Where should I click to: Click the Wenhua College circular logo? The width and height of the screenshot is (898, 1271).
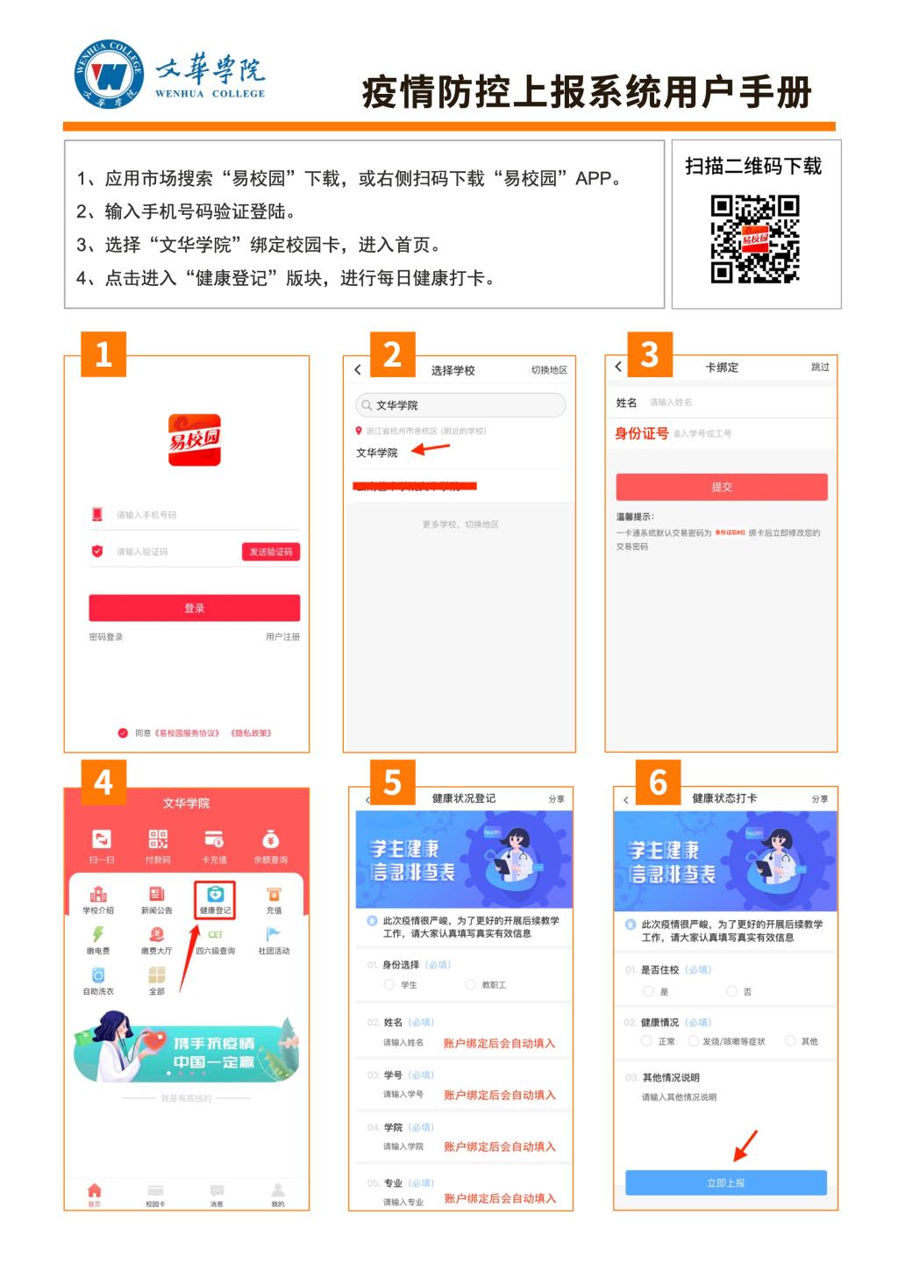pyautogui.click(x=109, y=75)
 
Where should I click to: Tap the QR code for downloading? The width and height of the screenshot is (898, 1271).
pyautogui.click(x=754, y=239)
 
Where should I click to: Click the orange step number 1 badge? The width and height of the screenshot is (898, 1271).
pyautogui.click(x=103, y=353)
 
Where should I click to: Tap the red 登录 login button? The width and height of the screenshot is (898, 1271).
pyautogui.click(x=194, y=608)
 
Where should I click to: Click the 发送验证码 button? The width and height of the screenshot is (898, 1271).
pyautogui.click(x=271, y=552)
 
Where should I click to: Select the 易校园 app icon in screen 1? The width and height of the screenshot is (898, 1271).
pyautogui.click(x=195, y=439)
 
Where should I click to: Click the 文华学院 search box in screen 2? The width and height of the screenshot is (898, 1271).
pyautogui.click(x=460, y=405)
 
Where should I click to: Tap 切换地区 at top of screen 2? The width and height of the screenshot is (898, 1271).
pyautogui.click(x=549, y=370)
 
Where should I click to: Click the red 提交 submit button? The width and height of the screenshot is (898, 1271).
pyautogui.click(x=721, y=487)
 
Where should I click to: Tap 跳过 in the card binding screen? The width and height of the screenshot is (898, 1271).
pyautogui.click(x=820, y=367)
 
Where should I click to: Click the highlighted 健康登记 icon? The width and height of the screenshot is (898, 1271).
pyautogui.click(x=215, y=899)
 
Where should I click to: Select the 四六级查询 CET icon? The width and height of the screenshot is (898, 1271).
pyautogui.click(x=215, y=939)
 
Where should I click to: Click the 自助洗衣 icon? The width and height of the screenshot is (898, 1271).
pyautogui.click(x=98, y=979)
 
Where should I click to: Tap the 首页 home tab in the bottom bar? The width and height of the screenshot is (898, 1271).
pyautogui.click(x=94, y=1194)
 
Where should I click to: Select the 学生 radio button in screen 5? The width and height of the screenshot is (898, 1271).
pyautogui.click(x=390, y=985)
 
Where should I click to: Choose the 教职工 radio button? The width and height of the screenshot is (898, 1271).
pyautogui.click(x=471, y=985)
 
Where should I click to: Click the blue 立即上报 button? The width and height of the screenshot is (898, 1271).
pyautogui.click(x=725, y=1182)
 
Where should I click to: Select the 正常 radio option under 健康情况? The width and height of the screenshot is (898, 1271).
pyautogui.click(x=647, y=1041)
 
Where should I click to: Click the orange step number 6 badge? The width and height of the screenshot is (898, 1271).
pyautogui.click(x=658, y=782)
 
